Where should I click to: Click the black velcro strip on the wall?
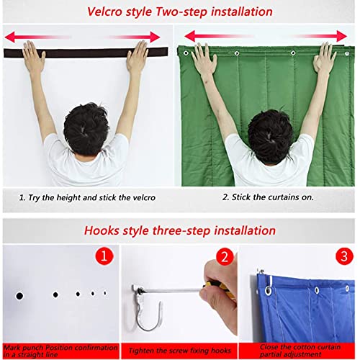click(86, 52)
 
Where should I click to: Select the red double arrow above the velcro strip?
click(86, 35)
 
